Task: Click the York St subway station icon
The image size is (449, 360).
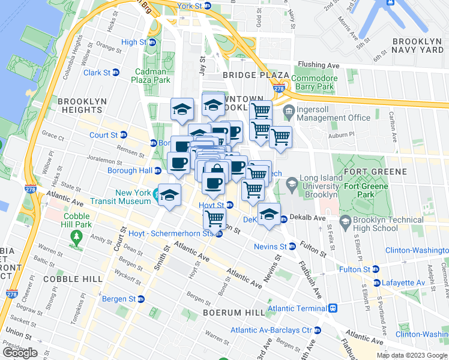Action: pyautogui.click(x=208, y=6)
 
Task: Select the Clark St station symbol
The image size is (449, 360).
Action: pyautogui.click(x=115, y=73)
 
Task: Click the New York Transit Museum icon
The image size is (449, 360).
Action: pyautogui.click(x=157, y=194)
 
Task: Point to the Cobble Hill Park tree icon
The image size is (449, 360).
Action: pyautogui.click(x=76, y=236)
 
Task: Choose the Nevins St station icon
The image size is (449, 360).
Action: pyautogui.click(x=292, y=247)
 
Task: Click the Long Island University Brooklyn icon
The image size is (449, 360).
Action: pyautogui.click(x=292, y=182)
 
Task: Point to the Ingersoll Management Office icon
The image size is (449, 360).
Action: pyautogui.click(x=289, y=110)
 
